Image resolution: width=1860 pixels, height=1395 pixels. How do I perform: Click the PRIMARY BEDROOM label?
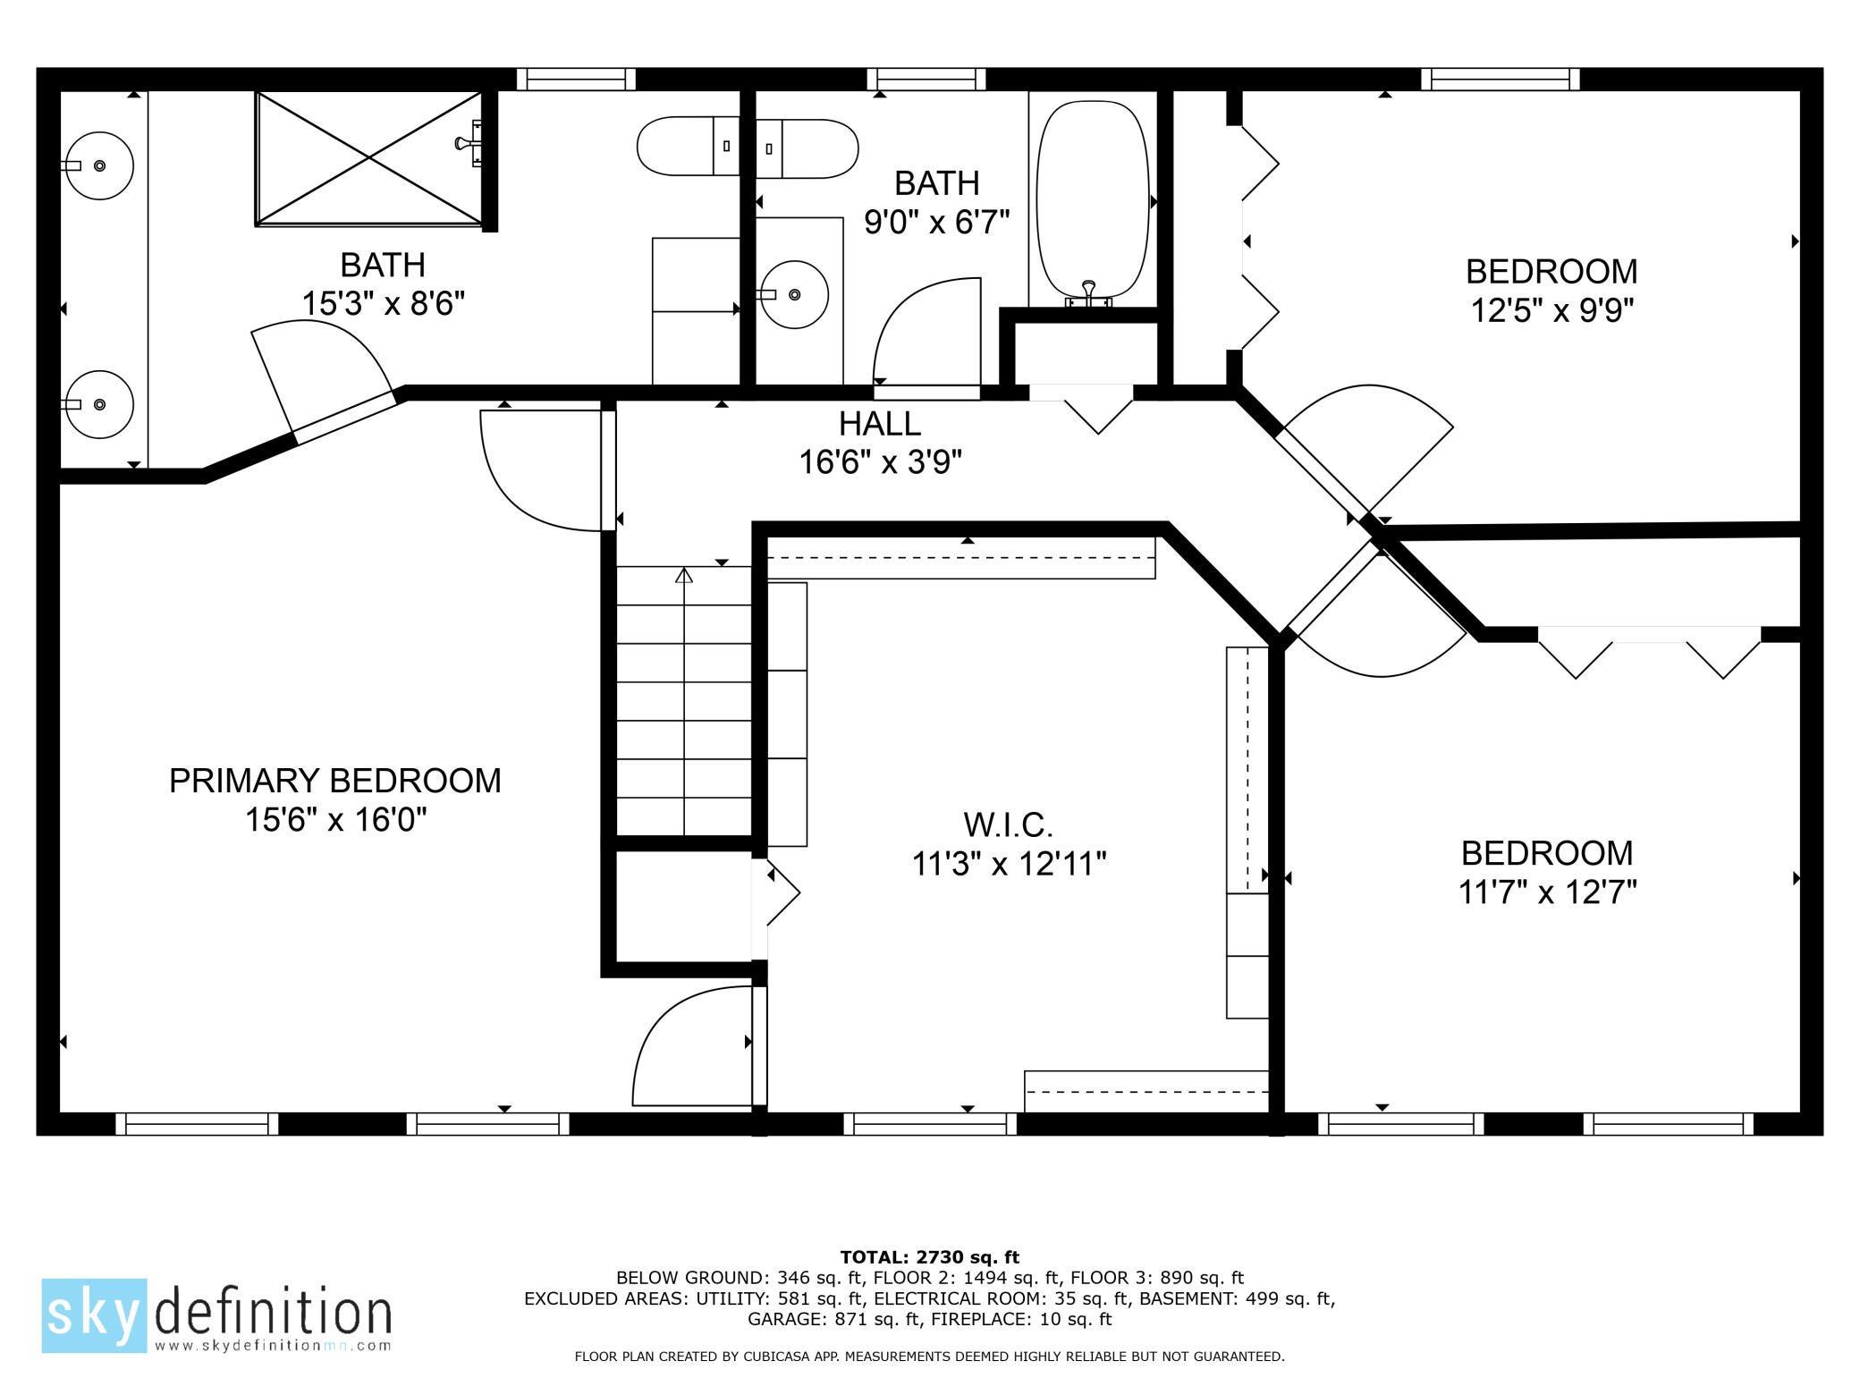(334, 781)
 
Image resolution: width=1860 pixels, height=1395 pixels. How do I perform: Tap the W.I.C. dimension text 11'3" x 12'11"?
(1009, 864)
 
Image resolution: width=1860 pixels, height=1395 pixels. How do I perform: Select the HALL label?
(879, 423)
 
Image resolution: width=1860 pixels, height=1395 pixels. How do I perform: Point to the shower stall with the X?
(369, 158)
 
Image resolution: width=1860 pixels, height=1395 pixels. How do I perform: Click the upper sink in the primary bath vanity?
(99, 165)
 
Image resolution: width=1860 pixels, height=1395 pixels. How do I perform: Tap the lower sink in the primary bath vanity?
(99, 404)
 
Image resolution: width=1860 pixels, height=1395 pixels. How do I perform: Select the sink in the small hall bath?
(795, 294)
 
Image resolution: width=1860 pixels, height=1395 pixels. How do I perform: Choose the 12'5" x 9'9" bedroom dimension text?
(1551, 310)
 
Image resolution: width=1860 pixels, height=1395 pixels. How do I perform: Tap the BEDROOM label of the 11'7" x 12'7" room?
(1546, 852)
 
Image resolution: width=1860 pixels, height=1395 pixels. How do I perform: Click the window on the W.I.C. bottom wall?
(930, 1124)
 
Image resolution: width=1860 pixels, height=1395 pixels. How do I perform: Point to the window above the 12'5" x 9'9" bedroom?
(1500, 80)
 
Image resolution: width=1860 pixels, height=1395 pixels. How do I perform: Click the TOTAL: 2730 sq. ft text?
(929, 1257)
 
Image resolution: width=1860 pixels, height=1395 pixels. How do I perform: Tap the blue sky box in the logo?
(94, 1315)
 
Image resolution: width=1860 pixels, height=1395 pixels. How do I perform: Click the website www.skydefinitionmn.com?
(273, 1345)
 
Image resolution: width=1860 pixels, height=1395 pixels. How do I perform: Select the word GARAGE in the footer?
(785, 1318)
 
